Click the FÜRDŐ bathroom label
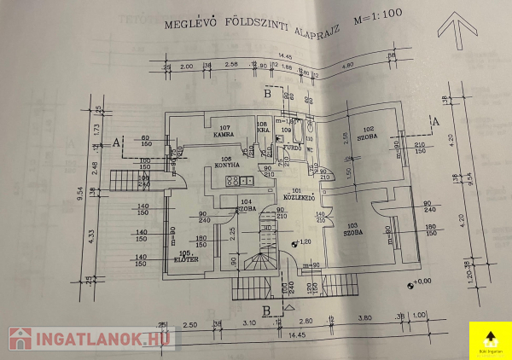[291, 147]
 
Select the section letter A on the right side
[436, 122]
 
